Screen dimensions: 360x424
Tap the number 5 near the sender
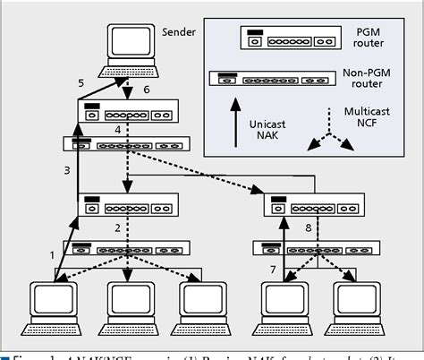[x=81, y=83]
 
